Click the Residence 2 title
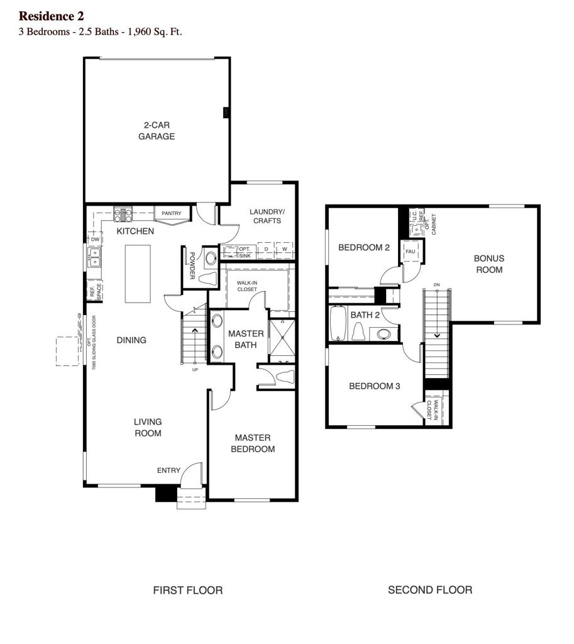pyautogui.click(x=51, y=16)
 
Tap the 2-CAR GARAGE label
pyautogui.click(x=157, y=131)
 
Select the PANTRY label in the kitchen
pyautogui.click(x=171, y=214)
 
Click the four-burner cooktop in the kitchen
pyautogui.click(x=123, y=214)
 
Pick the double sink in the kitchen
pyautogui.click(x=94, y=257)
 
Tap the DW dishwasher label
pyautogui.click(x=94, y=240)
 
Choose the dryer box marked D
pyautogui.click(x=267, y=250)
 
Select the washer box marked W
pyautogui.click(x=285, y=250)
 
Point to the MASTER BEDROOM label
pyautogui.click(x=253, y=443)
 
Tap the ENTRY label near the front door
pyautogui.click(x=168, y=470)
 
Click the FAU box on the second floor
pyautogui.click(x=411, y=252)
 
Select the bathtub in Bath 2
pyautogui.click(x=338, y=323)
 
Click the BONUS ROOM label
pyautogui.click(x=488, y=264)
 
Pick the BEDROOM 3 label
pyautogui.click(x=375, y=386)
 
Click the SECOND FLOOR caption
pyautogui.click(x=430, y=590)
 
